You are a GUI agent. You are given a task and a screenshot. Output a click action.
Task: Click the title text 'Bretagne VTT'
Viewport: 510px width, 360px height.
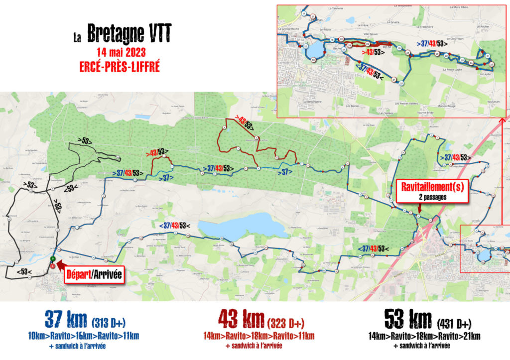129,35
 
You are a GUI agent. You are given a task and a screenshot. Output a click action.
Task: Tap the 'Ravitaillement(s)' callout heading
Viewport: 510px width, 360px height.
432,188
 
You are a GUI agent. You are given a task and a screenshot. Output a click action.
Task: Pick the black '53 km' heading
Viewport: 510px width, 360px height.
408,318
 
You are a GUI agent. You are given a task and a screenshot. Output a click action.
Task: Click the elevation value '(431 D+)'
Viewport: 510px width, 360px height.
454,321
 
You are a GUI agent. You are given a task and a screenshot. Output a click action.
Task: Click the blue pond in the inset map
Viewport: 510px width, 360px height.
315,50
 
